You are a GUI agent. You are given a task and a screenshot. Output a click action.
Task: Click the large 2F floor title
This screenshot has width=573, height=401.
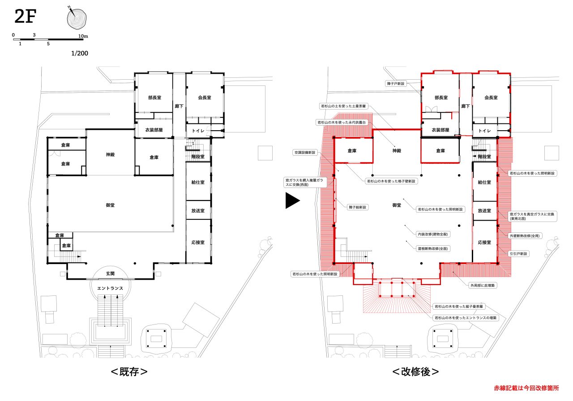coord(26,16)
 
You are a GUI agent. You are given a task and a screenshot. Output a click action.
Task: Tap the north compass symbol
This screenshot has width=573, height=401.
coord(77,18)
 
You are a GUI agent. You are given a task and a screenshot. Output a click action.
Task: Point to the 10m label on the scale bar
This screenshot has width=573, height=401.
coord(83,36)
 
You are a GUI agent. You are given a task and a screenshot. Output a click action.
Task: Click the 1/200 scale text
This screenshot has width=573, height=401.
coord(80,53)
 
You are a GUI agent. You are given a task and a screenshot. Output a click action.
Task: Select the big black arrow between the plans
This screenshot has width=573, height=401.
coord(293,200)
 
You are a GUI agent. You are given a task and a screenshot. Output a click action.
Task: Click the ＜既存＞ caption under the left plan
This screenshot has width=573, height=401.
coord(129,371)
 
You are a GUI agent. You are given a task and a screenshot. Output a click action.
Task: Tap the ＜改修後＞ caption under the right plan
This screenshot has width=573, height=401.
coord(416,371)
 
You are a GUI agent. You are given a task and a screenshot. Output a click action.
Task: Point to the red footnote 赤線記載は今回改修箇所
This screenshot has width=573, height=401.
coord(526,388)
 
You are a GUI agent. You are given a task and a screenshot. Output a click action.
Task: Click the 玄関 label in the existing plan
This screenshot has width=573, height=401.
coord(110,273)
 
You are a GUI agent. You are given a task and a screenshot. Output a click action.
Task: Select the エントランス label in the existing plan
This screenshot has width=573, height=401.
coord(110,288)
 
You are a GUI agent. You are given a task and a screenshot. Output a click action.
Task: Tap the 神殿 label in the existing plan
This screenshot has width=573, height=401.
coord(110,154)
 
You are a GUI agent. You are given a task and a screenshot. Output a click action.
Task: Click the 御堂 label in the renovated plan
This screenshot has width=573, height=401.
coord(397,205)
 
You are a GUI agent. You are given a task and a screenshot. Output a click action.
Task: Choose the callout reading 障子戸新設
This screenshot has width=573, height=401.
coord(396,84)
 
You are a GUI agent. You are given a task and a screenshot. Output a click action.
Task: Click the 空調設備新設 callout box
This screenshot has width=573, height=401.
coord(305,153)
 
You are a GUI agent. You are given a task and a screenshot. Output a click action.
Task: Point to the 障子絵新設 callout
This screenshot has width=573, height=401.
coord(358,207)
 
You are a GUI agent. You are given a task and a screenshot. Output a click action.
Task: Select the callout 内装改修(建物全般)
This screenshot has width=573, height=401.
coord(433,234)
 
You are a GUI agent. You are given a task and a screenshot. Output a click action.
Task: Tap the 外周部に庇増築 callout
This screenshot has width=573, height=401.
coord(483,285)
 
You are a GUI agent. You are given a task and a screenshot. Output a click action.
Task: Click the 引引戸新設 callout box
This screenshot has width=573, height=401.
coord(518,254)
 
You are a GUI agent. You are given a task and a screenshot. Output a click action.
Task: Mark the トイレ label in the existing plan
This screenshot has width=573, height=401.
coord(198,131)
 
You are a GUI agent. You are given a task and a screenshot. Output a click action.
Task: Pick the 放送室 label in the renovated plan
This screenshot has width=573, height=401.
coord(484,210)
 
